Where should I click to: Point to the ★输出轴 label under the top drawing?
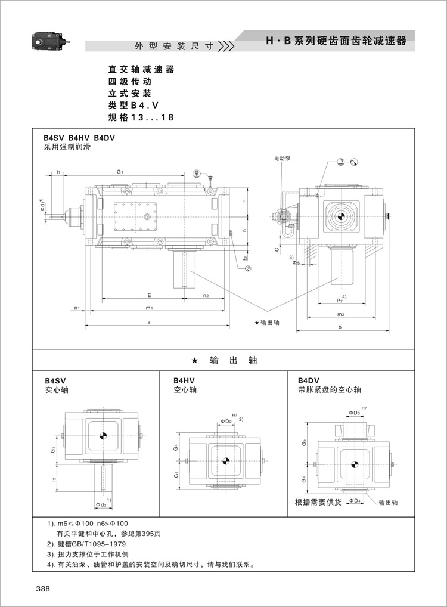click(266, 323)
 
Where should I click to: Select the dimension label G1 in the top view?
click(120, 172)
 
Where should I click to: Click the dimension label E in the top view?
click(150, 295)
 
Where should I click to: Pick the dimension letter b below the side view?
click(339, 327)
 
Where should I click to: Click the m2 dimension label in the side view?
click(340, 314)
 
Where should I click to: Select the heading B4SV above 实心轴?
click(55, 380)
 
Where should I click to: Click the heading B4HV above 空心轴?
click(184, 380)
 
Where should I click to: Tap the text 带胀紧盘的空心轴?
click(330, 390)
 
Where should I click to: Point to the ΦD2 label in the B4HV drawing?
click(226, 421)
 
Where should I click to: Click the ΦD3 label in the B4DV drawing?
click(354, 413)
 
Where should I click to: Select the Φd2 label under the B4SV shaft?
click(102, 505)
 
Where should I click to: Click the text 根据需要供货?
click(318, 503)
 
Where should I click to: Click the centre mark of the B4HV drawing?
click(226, 460)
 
